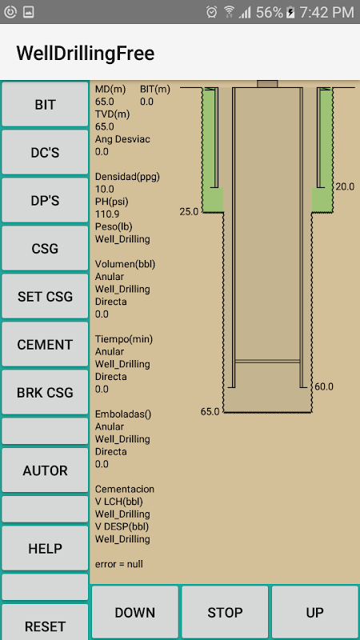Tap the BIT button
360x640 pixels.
[x=45, y=105]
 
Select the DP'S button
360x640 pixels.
[x=45, y=201]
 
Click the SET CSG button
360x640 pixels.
[x=45, y=296]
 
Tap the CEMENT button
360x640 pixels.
[x=45, y=345]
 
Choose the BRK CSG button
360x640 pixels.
[x=45, y=392]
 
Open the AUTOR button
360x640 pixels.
[x=45, y=470]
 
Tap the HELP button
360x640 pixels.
[x=45, y=548]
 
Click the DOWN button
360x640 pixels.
[x=135, y=612]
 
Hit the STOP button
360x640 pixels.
[x=225, y=612]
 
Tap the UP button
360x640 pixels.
[x=315, y=612]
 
